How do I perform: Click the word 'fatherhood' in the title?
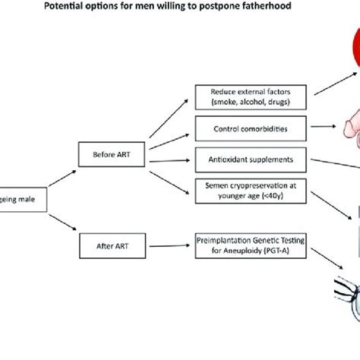(284, 9)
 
